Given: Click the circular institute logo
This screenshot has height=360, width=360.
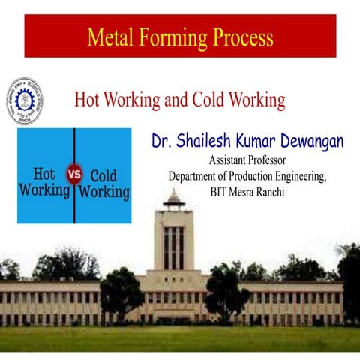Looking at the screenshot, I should click(x=24, y=101).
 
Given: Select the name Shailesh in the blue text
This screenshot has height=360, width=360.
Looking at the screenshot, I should click(x=213, y=142).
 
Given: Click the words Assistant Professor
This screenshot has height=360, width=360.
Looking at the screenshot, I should click(x=247, y=160).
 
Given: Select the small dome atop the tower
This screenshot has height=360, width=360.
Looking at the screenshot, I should click(x=173, y=198).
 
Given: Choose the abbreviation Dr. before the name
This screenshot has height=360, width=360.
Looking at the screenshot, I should click(x=164, y=142).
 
